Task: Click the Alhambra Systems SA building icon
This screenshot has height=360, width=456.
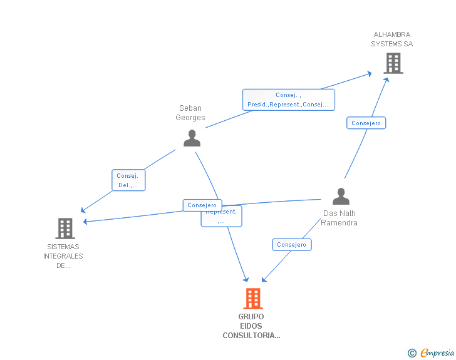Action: point(393,63)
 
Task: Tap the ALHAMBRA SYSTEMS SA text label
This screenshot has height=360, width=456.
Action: point(392,39)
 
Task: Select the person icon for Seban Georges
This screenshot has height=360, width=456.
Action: point(192,138)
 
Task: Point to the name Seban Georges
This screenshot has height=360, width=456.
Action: point(190,113)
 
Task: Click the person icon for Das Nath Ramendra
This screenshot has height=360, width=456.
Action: point(341,197)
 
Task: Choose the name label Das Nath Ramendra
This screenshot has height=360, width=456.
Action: point(339,218)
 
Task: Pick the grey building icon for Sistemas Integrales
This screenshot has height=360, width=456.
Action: point(65,229)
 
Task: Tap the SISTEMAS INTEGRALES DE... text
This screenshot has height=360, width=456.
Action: point(63,256)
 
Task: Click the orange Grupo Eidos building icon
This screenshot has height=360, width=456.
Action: point(252,299)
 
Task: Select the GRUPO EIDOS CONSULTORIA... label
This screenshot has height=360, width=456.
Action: point(251,326)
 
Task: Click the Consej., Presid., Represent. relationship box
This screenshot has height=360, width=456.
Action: point(289,100)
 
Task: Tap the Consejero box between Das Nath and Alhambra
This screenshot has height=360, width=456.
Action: point(366,123)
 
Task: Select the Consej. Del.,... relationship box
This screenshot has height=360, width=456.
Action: point(128,180)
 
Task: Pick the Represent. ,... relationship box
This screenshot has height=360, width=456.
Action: point(222,217)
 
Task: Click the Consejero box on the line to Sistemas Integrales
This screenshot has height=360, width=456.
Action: point(202,205)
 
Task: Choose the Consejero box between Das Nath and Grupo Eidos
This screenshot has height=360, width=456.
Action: point(291,245)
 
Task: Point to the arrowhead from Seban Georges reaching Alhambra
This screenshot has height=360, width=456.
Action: point(370,74)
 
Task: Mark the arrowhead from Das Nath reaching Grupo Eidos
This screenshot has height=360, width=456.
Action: point(264,279)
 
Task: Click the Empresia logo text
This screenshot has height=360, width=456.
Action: point(437,353)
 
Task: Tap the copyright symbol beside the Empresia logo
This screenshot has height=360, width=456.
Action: point(412,353)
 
